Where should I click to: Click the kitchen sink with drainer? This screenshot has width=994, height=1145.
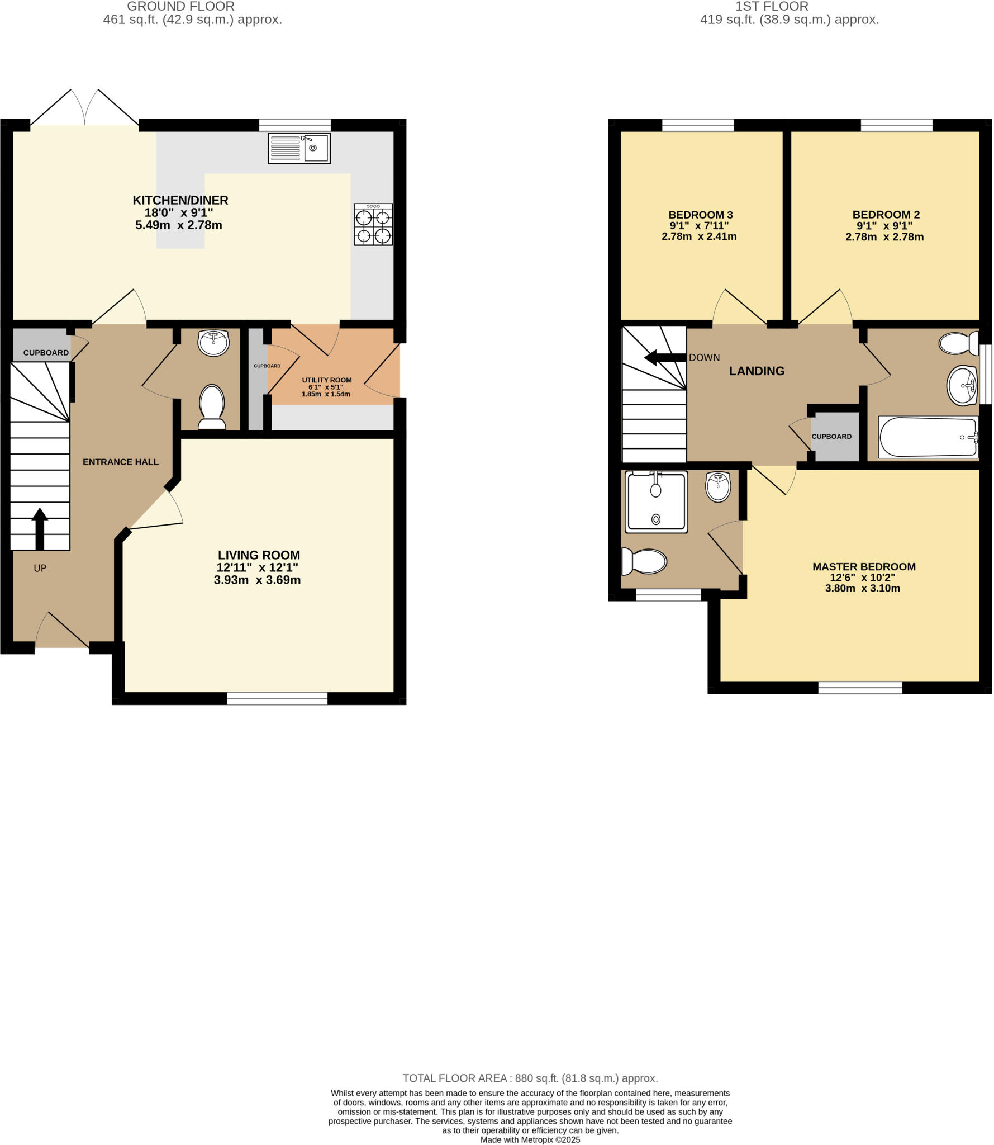299,148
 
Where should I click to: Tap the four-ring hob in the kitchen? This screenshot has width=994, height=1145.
373,224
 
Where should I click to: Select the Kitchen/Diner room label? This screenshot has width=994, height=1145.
180,200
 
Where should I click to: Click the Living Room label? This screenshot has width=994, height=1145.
259,555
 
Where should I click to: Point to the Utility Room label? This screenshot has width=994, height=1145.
327,380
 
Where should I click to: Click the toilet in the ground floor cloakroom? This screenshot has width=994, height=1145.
212,406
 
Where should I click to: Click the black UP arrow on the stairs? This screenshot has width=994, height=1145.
39,528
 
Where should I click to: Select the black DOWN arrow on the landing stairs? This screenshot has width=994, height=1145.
664,357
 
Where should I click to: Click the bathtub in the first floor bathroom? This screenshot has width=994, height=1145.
928,437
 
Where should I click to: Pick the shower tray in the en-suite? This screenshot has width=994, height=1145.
657,501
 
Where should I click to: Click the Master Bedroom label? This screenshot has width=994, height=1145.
864,567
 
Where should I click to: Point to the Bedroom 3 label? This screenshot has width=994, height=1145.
701,215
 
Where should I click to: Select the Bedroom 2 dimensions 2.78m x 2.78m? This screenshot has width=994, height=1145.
884,237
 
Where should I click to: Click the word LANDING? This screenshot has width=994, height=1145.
757,371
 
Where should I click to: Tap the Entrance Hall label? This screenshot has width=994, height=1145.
121,462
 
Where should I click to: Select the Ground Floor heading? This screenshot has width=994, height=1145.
181,7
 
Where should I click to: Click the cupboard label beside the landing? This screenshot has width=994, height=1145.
831,437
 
